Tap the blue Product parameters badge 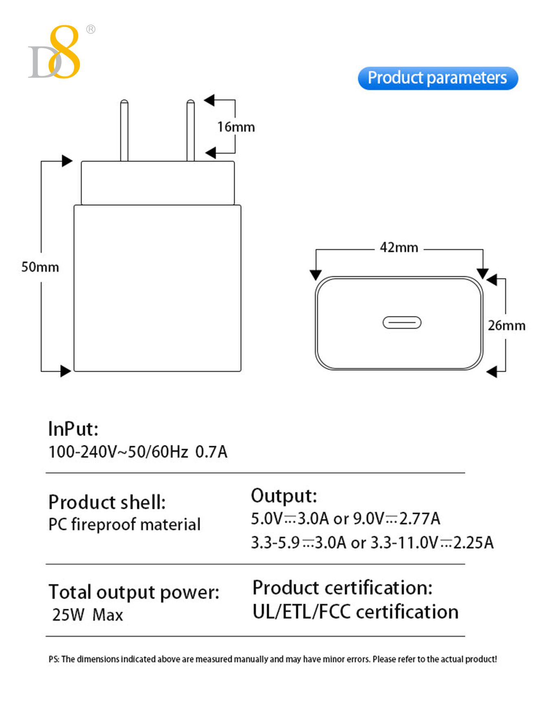(438, 78)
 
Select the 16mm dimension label (236, 127)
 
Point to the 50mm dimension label (40, 267)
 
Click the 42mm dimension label (399, 248)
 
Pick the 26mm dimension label (506, 325)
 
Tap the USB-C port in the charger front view (402, 323)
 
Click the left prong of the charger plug (124, 131)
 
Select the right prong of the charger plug (190, 131)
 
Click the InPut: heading (73, 429)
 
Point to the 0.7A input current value (211, 452)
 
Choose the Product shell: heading (107, 502)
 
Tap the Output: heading (284, 496)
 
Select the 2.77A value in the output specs (420, 519)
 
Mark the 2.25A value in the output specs (473, 543)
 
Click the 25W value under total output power (68, 615)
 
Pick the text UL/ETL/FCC (302, 612)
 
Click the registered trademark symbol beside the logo (91, 29)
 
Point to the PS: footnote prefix (54, 659)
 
